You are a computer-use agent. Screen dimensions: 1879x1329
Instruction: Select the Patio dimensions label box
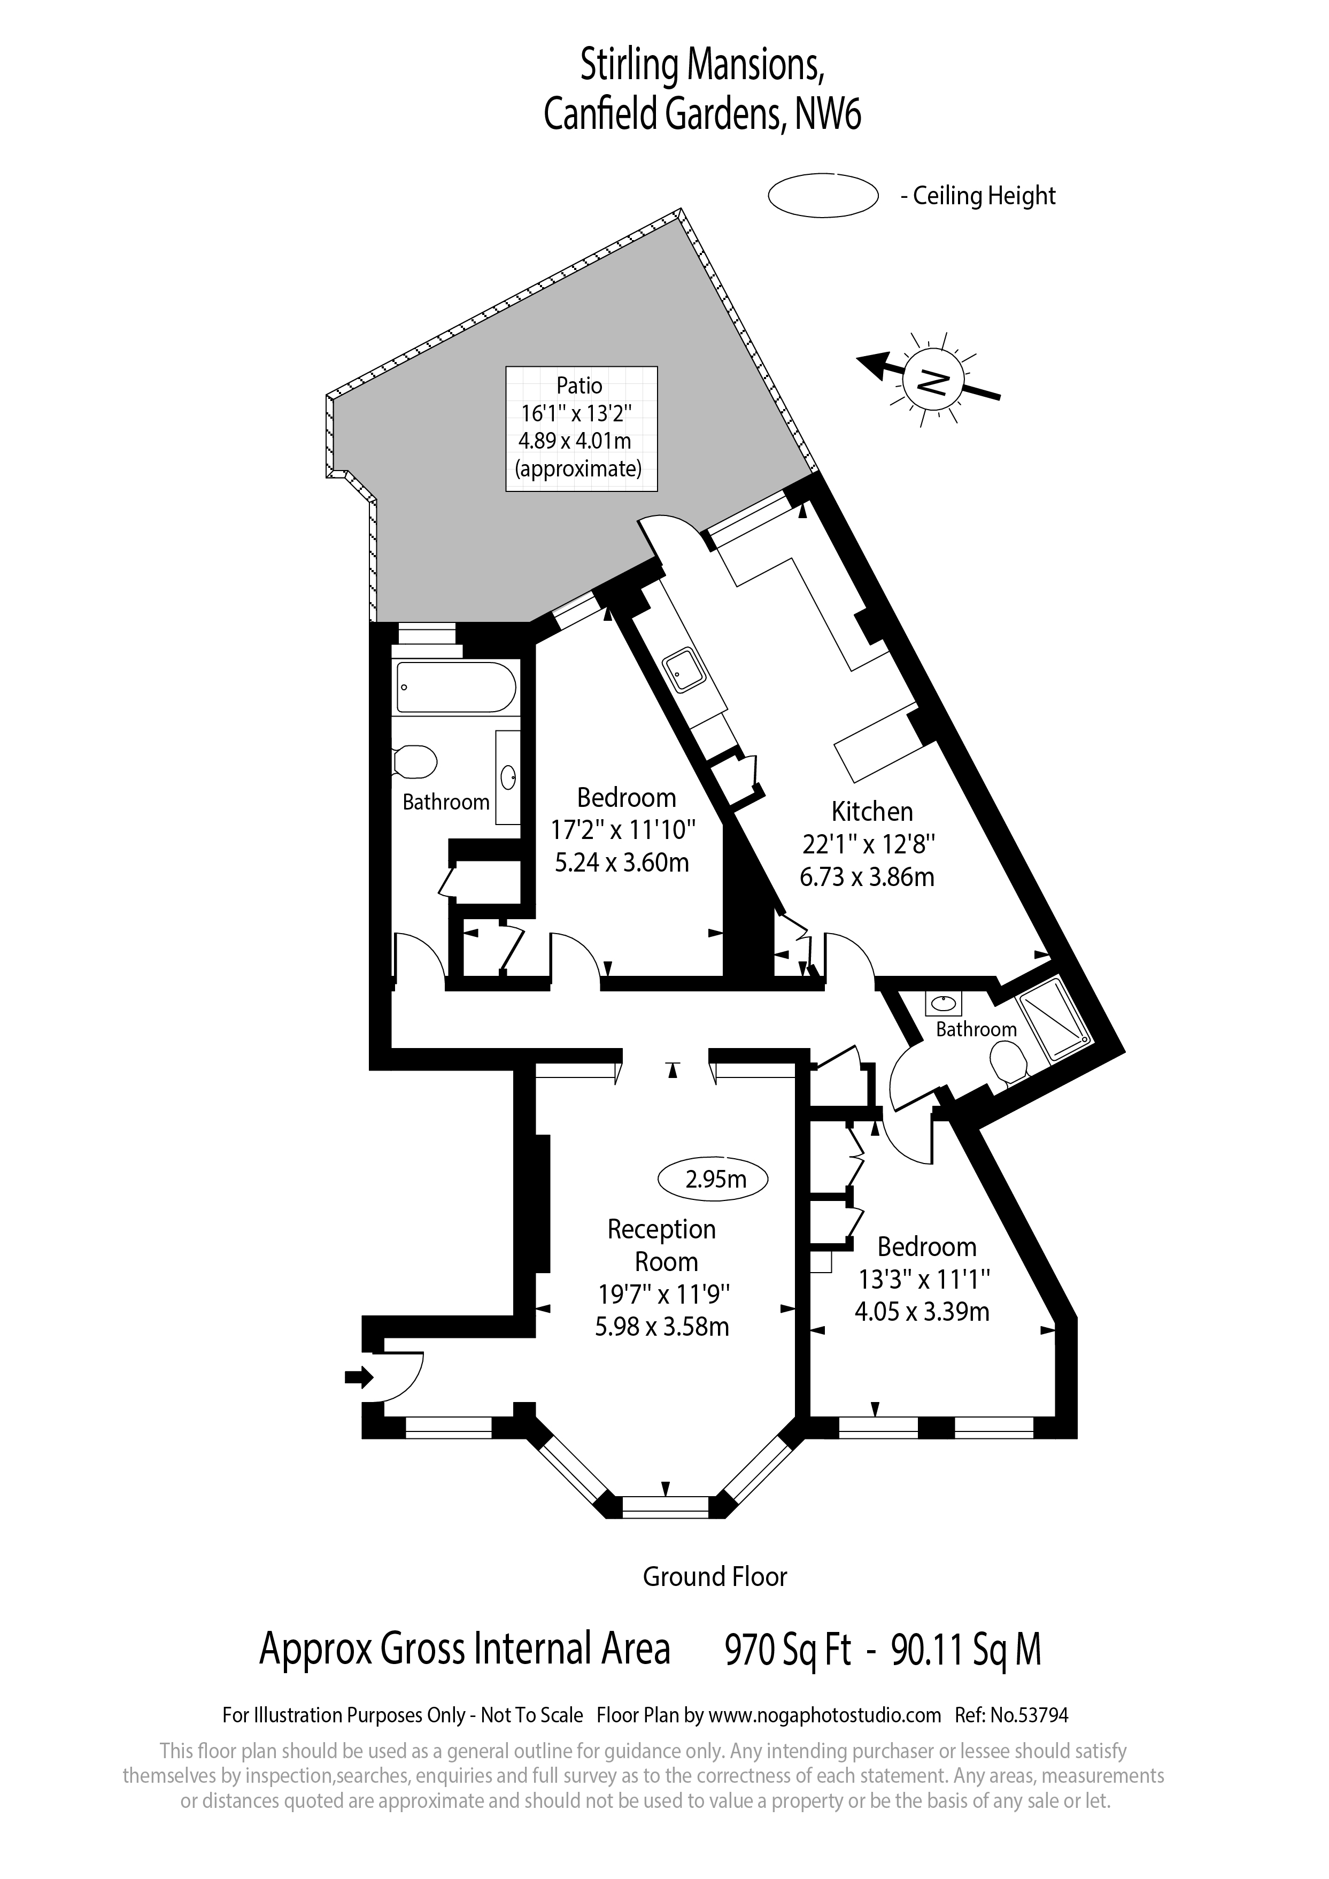pos(581,428)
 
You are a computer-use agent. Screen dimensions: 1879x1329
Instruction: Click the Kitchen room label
pos(871,812)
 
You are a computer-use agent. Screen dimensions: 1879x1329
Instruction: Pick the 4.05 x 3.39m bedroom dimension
pos(922,1312)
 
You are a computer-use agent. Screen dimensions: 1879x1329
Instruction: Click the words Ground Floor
pos(714,1576)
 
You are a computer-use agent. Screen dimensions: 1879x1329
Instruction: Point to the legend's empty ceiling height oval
pos(822,196)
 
